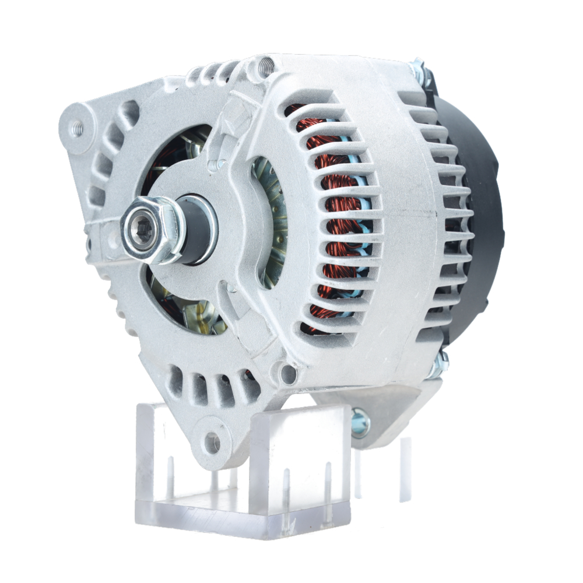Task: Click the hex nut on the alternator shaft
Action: (153, 231)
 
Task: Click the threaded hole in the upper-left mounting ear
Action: (76, 128)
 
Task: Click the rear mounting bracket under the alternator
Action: (379, 408)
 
